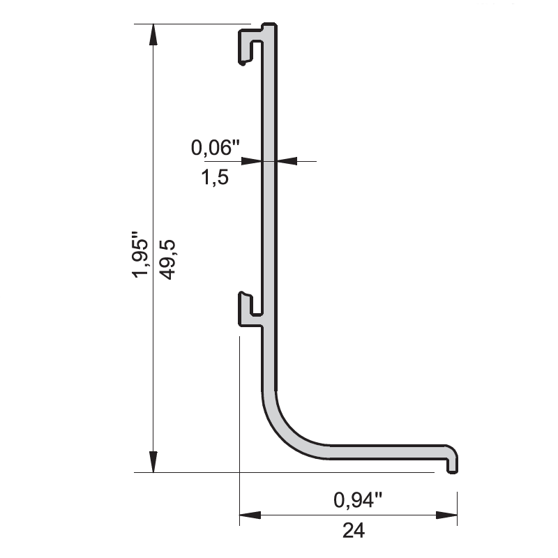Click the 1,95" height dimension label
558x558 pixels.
[x=140, y=255]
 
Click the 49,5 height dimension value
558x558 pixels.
[x=167, y=259]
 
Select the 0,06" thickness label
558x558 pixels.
[x=216, y=147]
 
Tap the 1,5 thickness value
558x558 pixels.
[x=215, y=177]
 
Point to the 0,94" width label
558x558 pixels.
[x=358, y=499]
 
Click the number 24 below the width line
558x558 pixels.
[x=354, y=531]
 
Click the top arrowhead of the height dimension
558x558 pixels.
[x=153, y=34]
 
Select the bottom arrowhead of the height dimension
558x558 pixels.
[x=153, y=462]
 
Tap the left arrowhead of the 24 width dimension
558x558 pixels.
[x=250, y=515]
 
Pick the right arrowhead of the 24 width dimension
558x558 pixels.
[x=446, y=515]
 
